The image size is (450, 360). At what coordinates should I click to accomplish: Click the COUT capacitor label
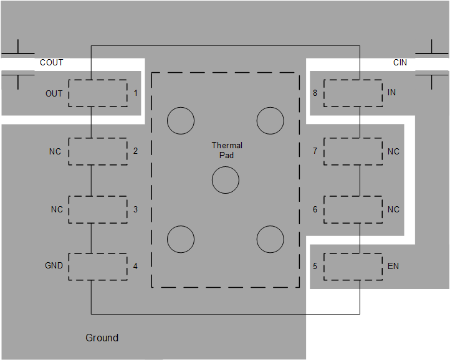pos(51,62)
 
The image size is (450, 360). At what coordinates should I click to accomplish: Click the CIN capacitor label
pos(400,62)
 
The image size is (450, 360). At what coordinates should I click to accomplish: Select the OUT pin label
pos(54,93)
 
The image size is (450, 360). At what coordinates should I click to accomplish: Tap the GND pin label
pos(54,265)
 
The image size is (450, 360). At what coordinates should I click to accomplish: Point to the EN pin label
pos(393,266)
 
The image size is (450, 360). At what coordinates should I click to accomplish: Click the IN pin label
pos(391,92)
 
